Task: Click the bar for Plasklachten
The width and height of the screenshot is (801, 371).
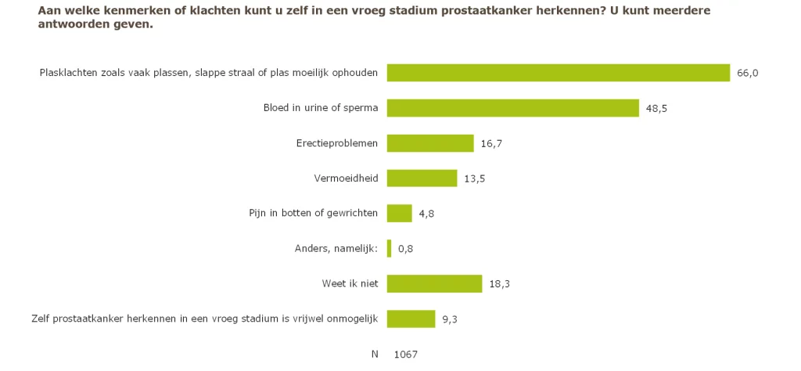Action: coord(559,73)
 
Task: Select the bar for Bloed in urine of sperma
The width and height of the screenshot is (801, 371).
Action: coord(513,108)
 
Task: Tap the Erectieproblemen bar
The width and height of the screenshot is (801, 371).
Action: coord(430,143)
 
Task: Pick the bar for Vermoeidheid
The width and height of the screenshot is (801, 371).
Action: coord(422,178)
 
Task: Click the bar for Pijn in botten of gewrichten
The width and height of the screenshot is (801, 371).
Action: coord(399,214)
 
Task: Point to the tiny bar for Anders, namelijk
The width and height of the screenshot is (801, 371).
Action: coord(389,249)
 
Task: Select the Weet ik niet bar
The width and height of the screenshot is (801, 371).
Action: coord(434,284)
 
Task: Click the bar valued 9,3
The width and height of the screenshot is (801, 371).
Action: coord(411,319)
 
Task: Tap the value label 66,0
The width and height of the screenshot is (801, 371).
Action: coord(748,73)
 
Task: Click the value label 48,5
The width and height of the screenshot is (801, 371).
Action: coord(656,108)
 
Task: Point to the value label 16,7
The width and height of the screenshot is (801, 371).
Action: coord(491,143)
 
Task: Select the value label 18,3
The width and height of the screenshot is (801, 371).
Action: coord(500,284)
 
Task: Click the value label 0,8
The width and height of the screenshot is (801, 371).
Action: coord(405,249)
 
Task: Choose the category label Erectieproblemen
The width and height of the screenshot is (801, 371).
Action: coord(341,143)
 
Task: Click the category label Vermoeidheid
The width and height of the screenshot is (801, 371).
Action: coord(346,178)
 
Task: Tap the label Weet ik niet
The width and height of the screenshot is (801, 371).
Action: coord(350,284)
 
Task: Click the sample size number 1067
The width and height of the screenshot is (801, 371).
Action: coord(406,355)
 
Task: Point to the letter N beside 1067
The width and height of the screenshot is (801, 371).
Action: coord(375,355)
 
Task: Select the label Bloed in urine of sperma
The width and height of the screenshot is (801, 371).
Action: coord(321,108)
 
